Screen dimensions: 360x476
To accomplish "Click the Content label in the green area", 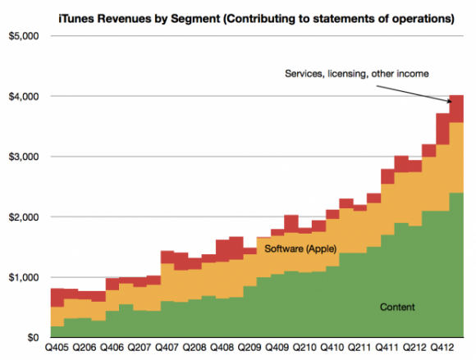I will click(396, 307).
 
